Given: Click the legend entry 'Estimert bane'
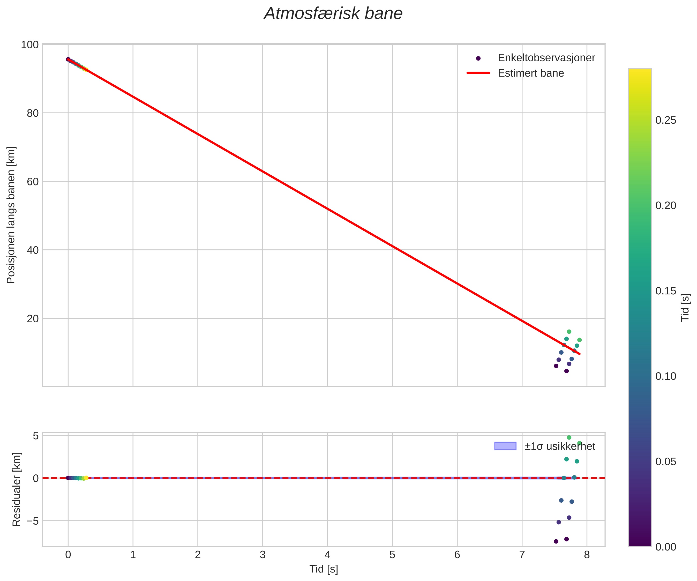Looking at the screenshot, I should click(x=530, y=73).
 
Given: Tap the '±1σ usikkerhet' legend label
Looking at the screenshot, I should click(x=560, y=446).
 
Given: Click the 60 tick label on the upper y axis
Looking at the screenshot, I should click(x=33, y=182).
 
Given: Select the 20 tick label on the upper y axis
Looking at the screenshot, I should click(x=33, y=319).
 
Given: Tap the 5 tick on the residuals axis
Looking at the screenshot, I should click(x=35, y=436).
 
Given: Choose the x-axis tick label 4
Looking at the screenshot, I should click(x=327, y=555).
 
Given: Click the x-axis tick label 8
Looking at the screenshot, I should click(x=587, y=555).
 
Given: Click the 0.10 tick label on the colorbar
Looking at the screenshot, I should click(x=665, y=376).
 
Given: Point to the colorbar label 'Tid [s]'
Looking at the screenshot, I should click(x=685, y=307).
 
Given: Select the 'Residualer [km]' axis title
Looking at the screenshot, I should click(x=16, y=489).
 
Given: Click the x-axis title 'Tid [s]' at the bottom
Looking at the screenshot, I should click(x=324, y=569).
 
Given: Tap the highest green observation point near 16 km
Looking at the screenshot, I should click(x=569, y=332).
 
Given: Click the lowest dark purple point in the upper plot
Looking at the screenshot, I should click(x=566, y=371).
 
